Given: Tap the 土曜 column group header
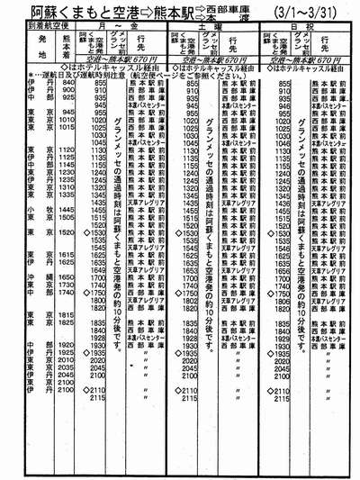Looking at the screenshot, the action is coord(213,28).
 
